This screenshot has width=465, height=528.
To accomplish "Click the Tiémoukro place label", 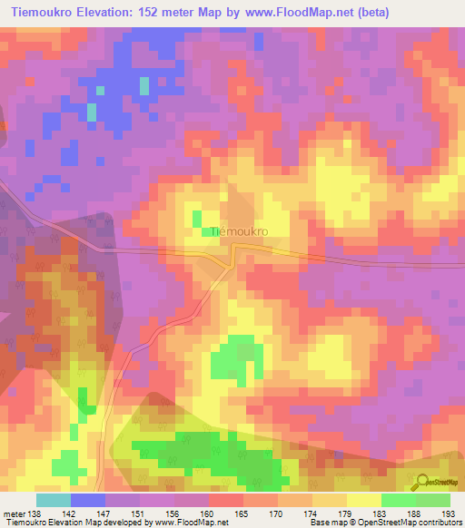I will (240, 232).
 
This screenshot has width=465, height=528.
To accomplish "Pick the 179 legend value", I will (344, 514).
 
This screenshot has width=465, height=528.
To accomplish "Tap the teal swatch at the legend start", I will (54, 500).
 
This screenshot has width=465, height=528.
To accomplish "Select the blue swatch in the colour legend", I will (88, 500).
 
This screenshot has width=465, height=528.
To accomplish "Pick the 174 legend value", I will (311, 514).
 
